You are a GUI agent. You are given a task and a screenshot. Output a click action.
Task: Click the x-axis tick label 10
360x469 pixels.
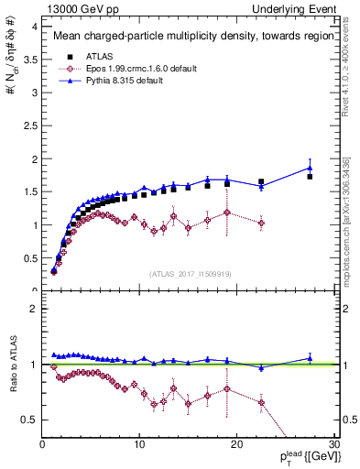[x=139, y=444]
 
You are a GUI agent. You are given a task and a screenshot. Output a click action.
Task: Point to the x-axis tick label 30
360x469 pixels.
[x=333, y=444]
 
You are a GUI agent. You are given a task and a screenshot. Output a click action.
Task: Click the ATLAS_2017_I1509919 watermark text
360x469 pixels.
[x=190, y=273]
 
